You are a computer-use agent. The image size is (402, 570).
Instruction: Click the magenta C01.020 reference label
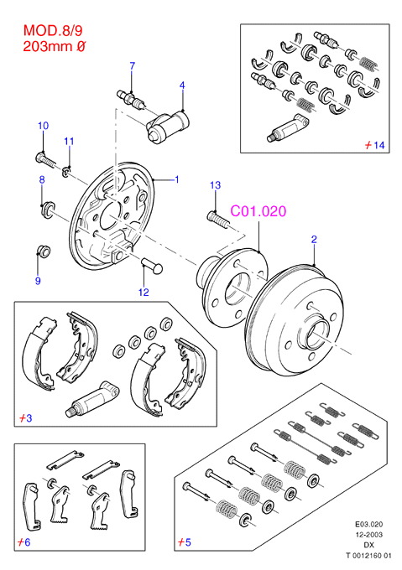[x=258, y=211]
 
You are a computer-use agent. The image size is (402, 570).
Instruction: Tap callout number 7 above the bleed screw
[x=133, y=65]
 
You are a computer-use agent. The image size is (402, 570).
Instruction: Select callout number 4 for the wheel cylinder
[x=182, y=85]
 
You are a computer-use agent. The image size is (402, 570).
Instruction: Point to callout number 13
[x=216, y=185]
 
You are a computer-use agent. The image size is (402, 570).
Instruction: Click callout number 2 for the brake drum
[x=314, y=239]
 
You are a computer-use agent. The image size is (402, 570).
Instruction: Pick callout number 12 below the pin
[x=144, y=293]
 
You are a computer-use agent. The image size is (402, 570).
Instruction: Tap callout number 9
[x=38, y=281]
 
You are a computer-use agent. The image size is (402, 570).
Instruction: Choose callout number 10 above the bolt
[x=44, y=126]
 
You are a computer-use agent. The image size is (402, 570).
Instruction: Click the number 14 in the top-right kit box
[x=379, y=145]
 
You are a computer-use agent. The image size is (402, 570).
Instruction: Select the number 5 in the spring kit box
[x=188, y=542]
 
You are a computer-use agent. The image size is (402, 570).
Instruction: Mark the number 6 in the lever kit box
[x=28, y=542]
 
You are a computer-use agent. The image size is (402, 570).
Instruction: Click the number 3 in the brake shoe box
[x=29, y=418]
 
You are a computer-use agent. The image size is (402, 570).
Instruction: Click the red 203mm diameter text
[x=55, y=47]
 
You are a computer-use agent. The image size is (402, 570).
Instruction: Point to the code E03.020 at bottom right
[x=369, y=524]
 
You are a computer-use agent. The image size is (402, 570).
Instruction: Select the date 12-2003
[x=369, y=535]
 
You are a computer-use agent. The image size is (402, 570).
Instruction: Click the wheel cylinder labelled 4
[x=168, y=126]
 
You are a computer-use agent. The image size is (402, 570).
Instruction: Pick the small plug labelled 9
[x=44, y=251]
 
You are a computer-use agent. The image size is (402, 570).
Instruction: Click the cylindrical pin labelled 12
[x=152, y=265]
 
